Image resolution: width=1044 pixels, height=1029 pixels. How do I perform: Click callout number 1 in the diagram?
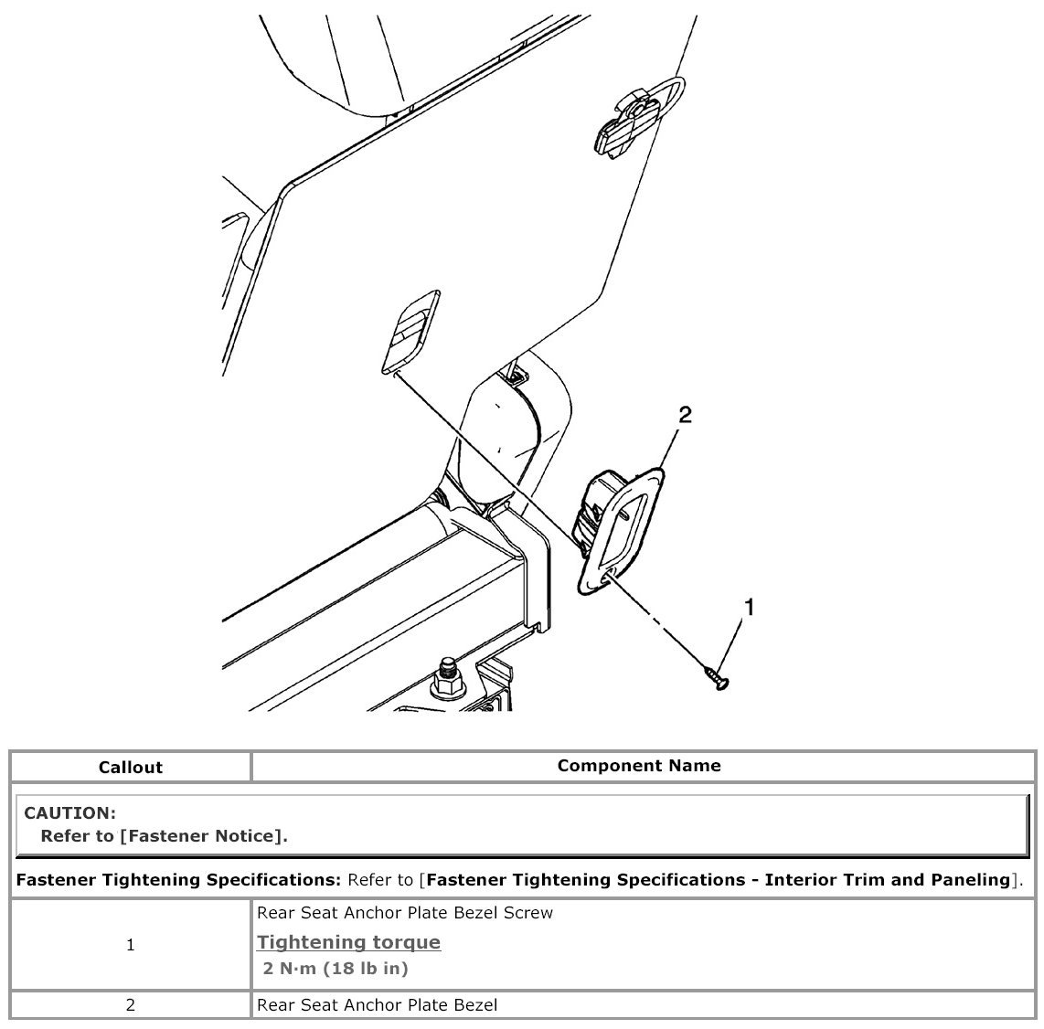click(x=750, y=607)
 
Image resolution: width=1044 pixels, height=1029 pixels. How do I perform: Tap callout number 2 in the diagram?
click(x=685, y=416)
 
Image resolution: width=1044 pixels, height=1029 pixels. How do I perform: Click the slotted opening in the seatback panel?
click(x=410, y=330)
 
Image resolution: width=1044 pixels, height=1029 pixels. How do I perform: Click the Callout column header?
click(x=131, y=768)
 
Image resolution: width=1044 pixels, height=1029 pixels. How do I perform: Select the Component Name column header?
click(x=639, y=766)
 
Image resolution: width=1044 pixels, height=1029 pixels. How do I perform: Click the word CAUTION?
click(x=69, y=812)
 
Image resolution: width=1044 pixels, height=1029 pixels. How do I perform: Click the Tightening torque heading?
click(x=348, y=942)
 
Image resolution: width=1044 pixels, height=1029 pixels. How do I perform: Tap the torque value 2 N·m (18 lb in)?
click(x=336, y=968)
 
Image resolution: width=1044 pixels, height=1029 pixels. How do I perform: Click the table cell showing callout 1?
click(x=131, y=945)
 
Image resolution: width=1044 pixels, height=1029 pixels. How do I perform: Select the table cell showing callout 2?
click(x=131, y=1005)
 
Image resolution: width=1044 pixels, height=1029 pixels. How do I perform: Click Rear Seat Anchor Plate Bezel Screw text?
click(x=405, y=913)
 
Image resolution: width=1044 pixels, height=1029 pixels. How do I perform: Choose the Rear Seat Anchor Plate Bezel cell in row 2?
click(x=378, y=1005)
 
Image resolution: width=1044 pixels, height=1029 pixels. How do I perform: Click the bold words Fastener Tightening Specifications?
click(x=179, y=880)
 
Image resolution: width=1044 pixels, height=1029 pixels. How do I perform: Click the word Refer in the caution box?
click(x=63, y=835)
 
